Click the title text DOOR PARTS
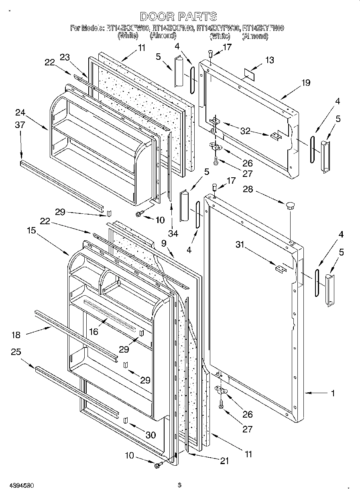[179, 16]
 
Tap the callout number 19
[306, 83]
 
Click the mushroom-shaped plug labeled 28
[290, 206]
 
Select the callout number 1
[333, 394]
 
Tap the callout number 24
[20, 112]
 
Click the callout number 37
[20, 125]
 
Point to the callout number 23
[65, 57]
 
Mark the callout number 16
[94, 331]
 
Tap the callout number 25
[16, 352]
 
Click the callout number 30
[151, 435]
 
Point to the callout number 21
[224, 461]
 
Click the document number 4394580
[17, 485]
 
